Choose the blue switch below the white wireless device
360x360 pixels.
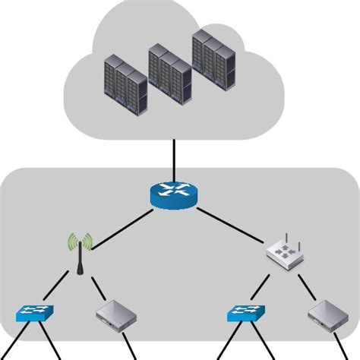click(x=248, y=313)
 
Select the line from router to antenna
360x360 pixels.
click(x=125, y=224)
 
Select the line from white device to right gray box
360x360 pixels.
click(x=308, y=287)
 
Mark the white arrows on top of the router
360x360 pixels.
click(x=174, y=191)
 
